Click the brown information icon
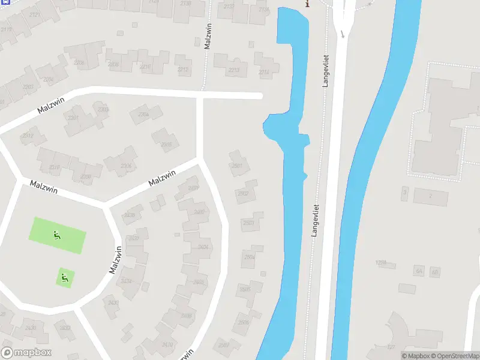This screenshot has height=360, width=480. coord(308,4)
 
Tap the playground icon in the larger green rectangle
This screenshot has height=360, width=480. coord(57,235)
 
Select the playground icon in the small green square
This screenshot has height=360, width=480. coord(65,277)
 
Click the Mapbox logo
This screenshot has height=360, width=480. coord(26,353)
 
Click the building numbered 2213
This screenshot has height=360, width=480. coord(233,70)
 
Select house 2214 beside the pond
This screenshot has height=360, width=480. coord(264,71)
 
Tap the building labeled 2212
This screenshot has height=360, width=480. coord(183,70)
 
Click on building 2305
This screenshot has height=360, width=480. coord(166,144)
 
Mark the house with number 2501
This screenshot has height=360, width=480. coord(238,166)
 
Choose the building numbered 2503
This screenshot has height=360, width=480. coord(249,223)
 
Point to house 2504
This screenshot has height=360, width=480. coord(250,256)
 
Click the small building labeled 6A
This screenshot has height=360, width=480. coord(419,272)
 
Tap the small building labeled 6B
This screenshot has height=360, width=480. coord(435,272)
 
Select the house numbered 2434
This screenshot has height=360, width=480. coord(127,280)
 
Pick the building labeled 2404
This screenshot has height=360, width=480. coord(203,247)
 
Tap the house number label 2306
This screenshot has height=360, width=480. coord(126,166)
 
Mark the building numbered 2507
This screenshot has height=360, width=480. coord(224,345)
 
